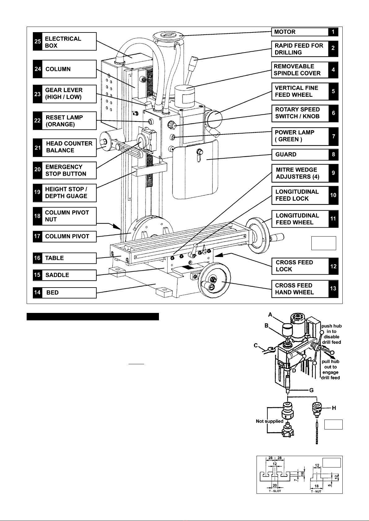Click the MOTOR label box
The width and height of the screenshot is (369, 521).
coord(300,32)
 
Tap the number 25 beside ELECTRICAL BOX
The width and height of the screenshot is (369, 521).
coord(37,42)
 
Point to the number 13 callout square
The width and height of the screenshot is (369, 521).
coord(333,289)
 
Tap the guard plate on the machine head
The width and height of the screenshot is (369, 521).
coord(195,173)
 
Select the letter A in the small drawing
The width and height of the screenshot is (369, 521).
coord(270,314)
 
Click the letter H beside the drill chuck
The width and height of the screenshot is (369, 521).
coord(334,408)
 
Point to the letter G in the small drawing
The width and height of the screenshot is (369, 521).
coord(312,390)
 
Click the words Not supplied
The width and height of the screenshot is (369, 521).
coord(269,421)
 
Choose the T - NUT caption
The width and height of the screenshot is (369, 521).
coord(316,491)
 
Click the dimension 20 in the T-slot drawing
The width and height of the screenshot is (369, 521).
coord(275,485)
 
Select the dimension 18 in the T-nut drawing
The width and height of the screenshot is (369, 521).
coord(316,486)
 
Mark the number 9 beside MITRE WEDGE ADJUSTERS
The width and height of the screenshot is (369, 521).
coord(333,173)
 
